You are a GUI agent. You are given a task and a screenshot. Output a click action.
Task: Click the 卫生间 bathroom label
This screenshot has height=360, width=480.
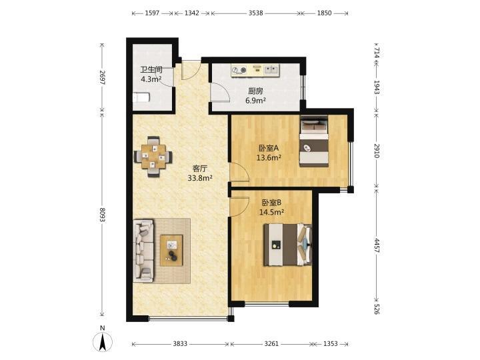[x=151, y=70]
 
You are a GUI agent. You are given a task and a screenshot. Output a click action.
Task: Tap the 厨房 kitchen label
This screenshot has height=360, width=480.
[x=255, y=91]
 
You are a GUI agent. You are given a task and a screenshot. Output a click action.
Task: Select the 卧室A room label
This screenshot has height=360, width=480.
[x=269, y=148]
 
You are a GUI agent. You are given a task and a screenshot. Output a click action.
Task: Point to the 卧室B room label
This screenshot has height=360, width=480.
[x=271, y=203]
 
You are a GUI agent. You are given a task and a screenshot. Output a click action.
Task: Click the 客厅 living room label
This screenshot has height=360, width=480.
[x=200, y=169]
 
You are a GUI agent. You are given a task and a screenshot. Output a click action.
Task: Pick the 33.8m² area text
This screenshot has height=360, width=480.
[x=200, y=178]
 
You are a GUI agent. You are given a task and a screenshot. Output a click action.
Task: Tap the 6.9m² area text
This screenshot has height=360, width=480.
[x=255, y=100]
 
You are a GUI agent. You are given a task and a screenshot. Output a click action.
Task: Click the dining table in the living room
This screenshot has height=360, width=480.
[x=153, y=157]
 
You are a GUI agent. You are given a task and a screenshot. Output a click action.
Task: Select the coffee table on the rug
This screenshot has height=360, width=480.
[x=171, y=250]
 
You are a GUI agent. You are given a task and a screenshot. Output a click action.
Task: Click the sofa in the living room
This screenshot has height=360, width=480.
[x=143, y=250]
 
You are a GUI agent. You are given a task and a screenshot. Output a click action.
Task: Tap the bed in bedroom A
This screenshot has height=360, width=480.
[x=314, y=141]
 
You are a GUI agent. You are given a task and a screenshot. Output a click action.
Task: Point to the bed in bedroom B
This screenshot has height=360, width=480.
[x=288, y=245]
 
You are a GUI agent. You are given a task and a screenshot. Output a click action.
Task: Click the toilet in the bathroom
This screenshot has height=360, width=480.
[x=141, y=97]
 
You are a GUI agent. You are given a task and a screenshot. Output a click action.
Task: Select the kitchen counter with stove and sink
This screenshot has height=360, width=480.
[x=255, y=71]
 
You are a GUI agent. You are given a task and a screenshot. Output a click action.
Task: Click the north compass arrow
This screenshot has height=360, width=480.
[x=103, y=342]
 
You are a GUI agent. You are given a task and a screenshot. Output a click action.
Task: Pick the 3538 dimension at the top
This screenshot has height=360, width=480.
[x=255, y=13]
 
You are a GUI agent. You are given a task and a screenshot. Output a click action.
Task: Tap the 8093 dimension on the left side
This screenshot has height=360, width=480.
[x=102, y=215]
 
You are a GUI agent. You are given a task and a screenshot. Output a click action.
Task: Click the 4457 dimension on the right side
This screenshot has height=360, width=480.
[x=377, y=245]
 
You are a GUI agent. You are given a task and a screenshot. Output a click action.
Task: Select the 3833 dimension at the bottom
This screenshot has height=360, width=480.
[x=180, y=344]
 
